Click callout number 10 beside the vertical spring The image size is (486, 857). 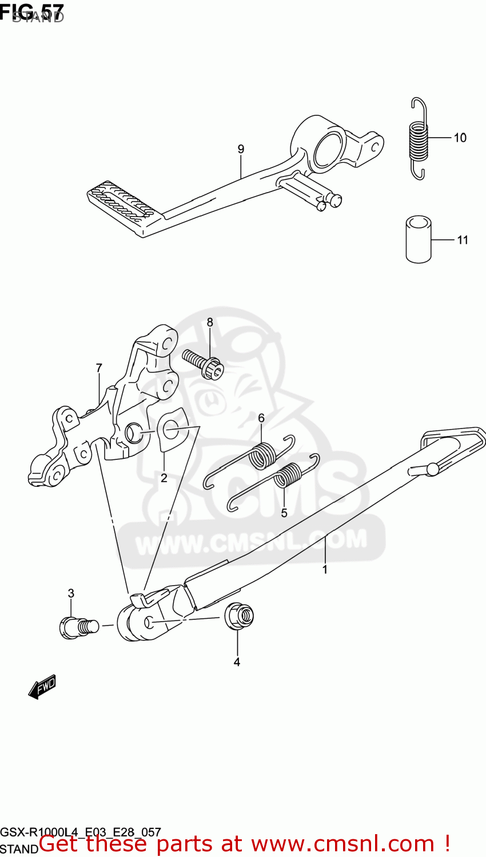[x=460, y=138]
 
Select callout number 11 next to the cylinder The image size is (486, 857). [x=462, y=240]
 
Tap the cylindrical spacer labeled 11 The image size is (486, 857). [x=418, y=239]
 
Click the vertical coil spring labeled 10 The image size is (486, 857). [x=419, y=138]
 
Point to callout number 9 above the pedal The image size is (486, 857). [x=241, y=149]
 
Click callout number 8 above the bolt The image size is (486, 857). [x=210, y=322]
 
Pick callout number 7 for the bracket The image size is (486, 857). [x=99, y=368]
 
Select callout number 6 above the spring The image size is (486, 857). [x=261, y=418]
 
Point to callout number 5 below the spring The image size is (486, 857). [x=284, y=513]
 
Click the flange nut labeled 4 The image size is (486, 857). [x=239, y=616]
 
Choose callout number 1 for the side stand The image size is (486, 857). [x=325, y=569]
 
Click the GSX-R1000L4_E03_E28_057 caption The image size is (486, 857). [x=81, y=832]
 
